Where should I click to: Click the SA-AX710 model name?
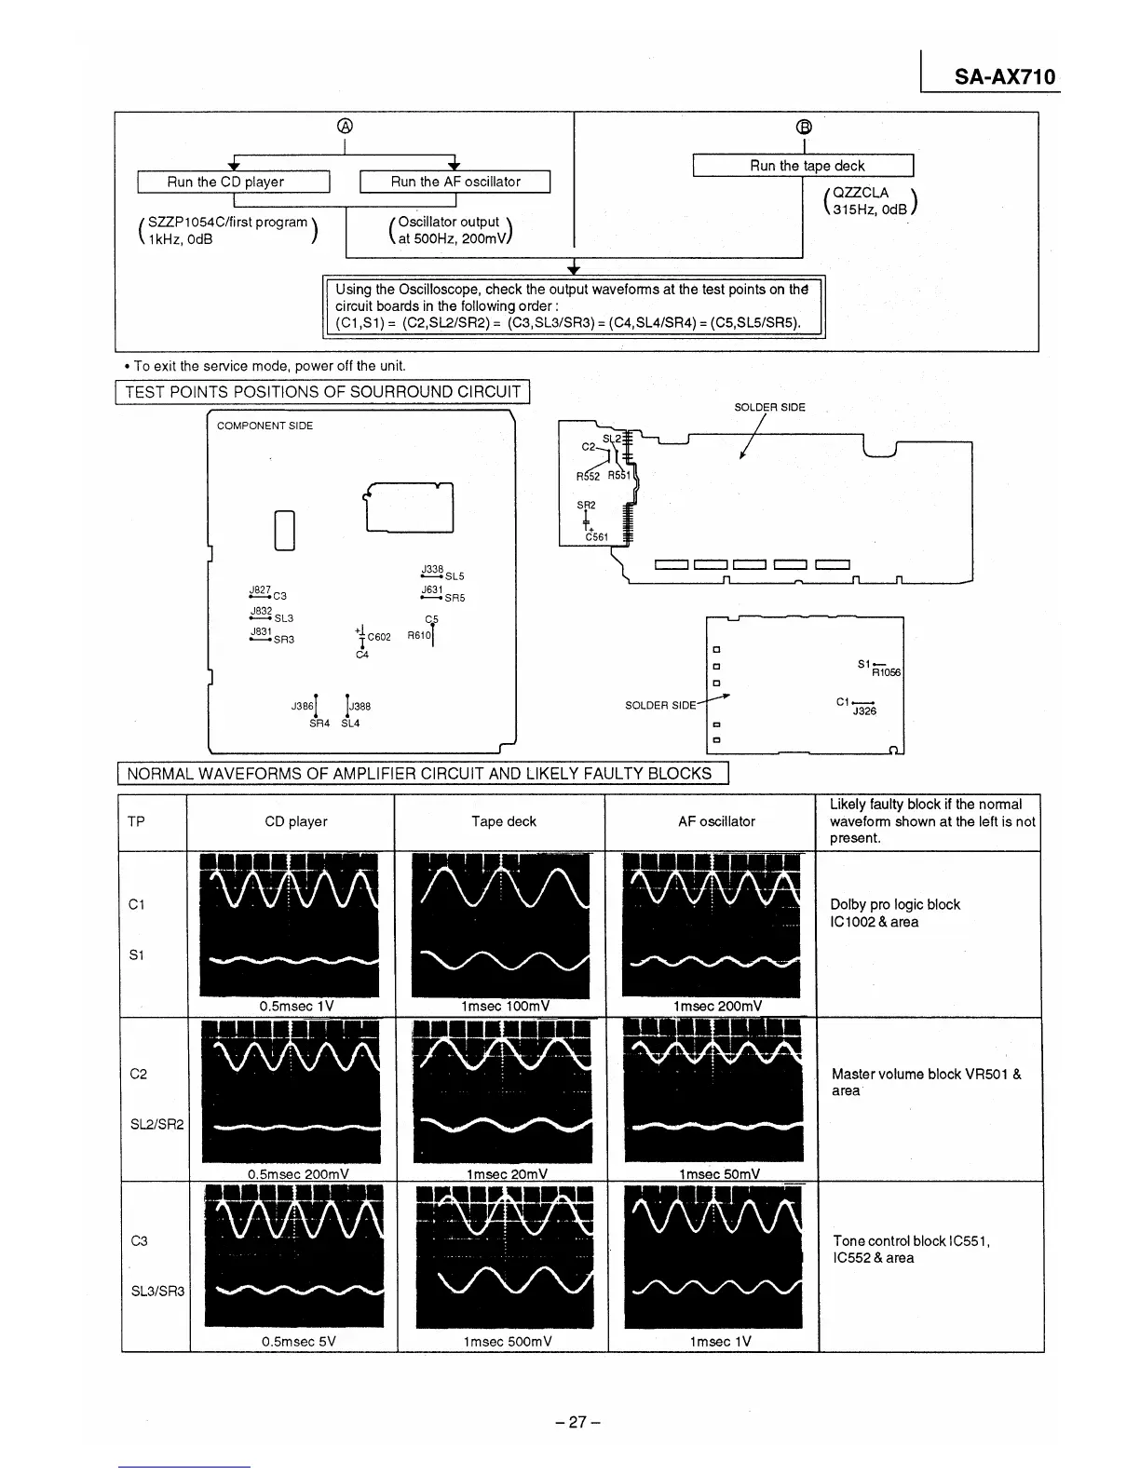1005,77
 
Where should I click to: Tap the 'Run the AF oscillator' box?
455,182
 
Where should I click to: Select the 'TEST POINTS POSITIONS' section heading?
322,392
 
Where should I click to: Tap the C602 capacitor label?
379,637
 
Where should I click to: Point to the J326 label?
864,711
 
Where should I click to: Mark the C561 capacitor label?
596,537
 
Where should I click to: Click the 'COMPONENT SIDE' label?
265,426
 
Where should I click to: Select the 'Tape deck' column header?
503,821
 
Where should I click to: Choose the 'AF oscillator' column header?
716,821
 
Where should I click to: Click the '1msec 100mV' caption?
505,1006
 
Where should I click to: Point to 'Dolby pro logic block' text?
894,904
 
